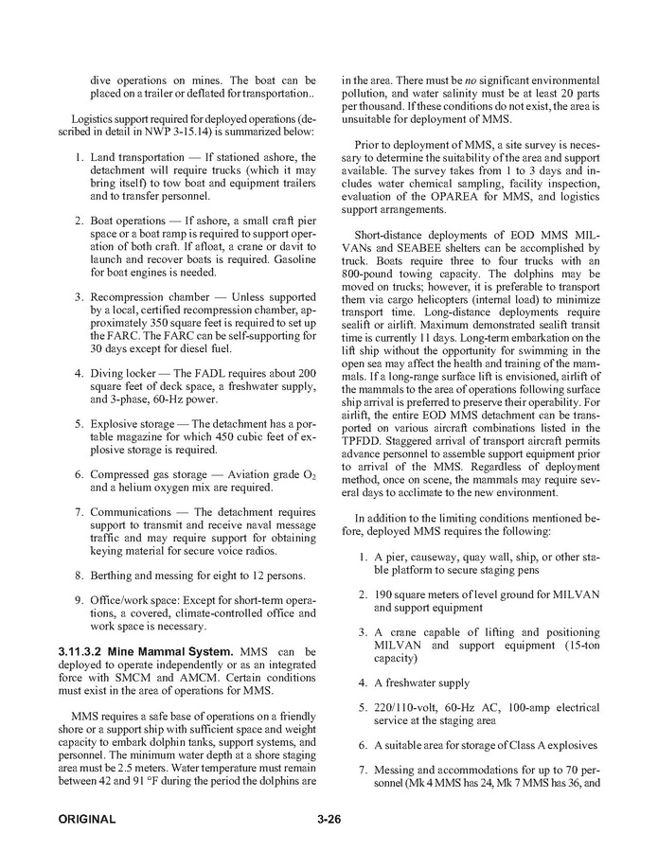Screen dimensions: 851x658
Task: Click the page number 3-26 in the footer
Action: click(x=329, y=819)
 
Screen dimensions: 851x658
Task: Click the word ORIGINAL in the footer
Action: click(x=86, y=819)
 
